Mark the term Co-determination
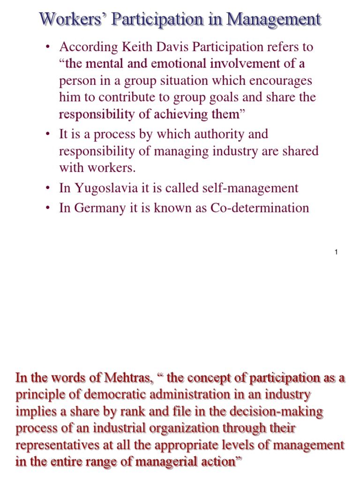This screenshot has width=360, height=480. pos(265,208)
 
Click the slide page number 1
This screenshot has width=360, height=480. pos(336,253)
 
